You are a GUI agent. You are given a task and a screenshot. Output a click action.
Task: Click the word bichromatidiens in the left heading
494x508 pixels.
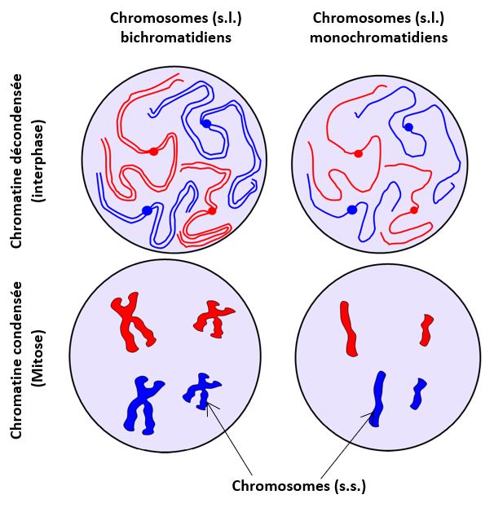coord(176,38)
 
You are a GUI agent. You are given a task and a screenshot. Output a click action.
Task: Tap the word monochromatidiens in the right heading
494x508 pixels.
coord(379,38)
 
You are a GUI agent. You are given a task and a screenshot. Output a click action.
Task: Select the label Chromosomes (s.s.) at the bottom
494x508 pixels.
coord(298,486)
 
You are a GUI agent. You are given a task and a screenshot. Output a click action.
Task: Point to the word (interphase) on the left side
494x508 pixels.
coord(38,161)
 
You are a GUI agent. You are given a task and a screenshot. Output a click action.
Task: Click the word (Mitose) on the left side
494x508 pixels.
coord(38,358)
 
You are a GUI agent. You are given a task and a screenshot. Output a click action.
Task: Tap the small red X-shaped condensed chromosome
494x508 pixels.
coord(212,319)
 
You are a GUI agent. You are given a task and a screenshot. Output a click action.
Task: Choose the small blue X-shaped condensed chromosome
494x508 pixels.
coord(201,391)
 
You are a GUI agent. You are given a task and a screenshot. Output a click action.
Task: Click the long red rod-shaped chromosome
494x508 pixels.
coord(349,329)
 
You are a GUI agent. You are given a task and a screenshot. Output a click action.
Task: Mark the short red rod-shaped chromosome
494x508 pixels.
coord(426,329)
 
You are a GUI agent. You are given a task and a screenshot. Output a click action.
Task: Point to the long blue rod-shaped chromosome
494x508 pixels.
coord(377,400)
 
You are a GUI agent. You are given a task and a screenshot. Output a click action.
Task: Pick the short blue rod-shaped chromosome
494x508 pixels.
coord(418,394)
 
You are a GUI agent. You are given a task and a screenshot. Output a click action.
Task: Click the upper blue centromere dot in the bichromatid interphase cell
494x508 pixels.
coord(206,123)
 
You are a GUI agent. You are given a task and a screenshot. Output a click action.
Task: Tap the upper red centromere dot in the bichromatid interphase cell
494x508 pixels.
coord(153,152)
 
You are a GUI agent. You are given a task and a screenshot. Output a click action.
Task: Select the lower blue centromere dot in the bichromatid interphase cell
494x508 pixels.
coord(147,210)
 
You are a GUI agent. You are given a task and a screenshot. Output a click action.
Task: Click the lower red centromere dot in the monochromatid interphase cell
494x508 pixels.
coord(413,210)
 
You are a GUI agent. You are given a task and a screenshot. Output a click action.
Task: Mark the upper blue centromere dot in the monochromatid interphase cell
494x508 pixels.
coord(408,127)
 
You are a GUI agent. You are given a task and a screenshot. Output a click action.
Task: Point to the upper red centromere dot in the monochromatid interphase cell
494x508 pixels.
coord(358,154)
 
